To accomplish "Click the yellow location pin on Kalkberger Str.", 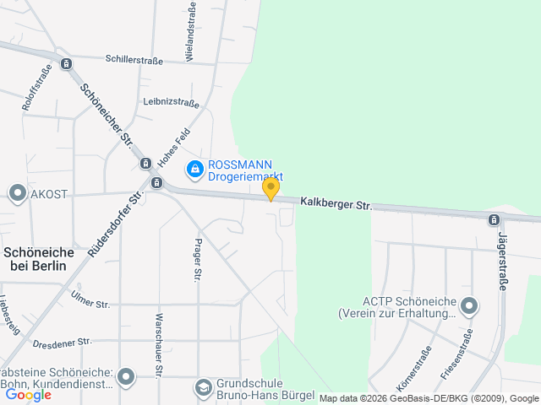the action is (270, 188).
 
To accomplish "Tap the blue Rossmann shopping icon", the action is (195, 170).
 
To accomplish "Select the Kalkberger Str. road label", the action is (336, 204).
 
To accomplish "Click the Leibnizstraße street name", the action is (171, 103).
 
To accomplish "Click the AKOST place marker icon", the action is (17, 193).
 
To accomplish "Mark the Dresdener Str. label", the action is (62, 343).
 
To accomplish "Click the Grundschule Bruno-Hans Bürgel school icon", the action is (203, 387).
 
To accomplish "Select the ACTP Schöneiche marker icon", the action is (469, 305).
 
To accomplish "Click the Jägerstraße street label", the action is (502, 262).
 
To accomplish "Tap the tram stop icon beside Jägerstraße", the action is (494, 220).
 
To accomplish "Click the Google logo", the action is (28, 394).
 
